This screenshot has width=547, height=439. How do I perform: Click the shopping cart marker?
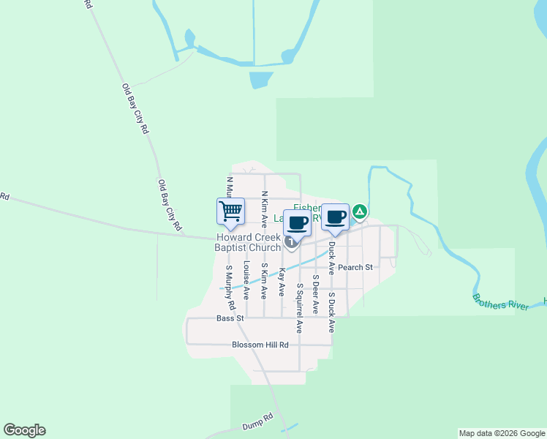click(x=230, y=211)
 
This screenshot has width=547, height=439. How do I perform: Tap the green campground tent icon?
click(x=359, y=212)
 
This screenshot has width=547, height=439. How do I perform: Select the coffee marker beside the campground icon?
click(x=335, y=217)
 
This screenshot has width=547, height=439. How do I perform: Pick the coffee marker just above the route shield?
click(x=297, y=223)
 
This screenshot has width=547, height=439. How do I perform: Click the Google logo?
click(x=24, y=430)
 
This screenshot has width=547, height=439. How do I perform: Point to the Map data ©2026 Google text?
click(x=502, y=433)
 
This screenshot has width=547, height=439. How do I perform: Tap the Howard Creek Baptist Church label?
click(x=249, y=242)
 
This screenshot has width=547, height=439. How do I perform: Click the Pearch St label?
click(x=355, y=268)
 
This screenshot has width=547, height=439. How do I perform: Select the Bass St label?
click(x=230, y=318)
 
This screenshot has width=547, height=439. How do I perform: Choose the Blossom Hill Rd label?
click(x=260, y=345)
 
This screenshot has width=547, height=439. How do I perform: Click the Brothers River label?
click(x=500, y=302)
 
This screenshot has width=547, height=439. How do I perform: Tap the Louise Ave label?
click(x=247, y=280)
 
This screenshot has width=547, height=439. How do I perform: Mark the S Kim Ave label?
click(x=264, y=280)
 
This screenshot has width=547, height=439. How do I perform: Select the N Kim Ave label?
click(x=264, y=212)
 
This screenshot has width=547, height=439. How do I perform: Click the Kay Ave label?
click(x=282, y=282)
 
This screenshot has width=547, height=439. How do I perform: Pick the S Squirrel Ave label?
click(x=299, y=304)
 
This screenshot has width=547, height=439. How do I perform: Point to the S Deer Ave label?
click(x=315, y=294)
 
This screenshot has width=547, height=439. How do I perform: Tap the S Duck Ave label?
click(x=331, y=312)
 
